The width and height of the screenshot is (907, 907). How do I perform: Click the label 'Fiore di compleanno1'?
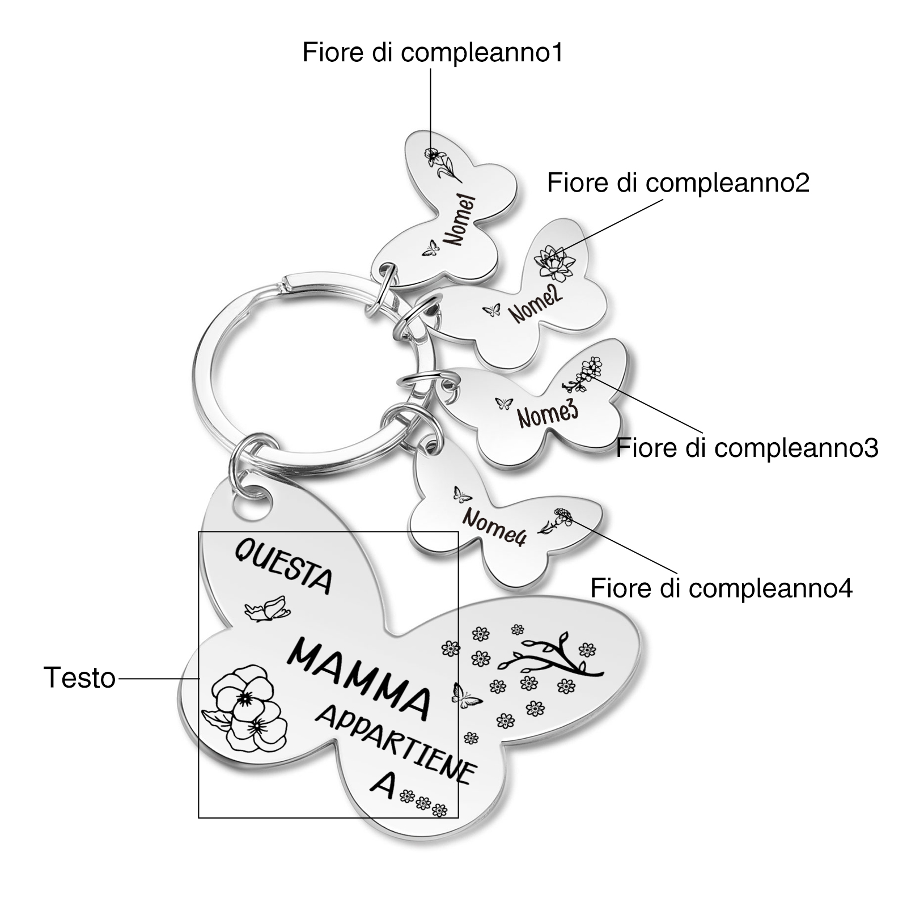[432, 53]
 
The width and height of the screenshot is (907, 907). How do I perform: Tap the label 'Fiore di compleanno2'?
[678, 183]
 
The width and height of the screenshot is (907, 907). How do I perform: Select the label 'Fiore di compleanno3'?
[747, 447]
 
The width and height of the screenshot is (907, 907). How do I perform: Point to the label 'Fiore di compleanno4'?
[721, 588]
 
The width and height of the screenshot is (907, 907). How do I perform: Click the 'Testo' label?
[79, 677]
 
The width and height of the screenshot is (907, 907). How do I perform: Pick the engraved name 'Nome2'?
[535, 303]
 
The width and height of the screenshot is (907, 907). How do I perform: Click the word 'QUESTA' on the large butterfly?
[283, 566]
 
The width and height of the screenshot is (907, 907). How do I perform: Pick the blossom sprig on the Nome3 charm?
[583, 374]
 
